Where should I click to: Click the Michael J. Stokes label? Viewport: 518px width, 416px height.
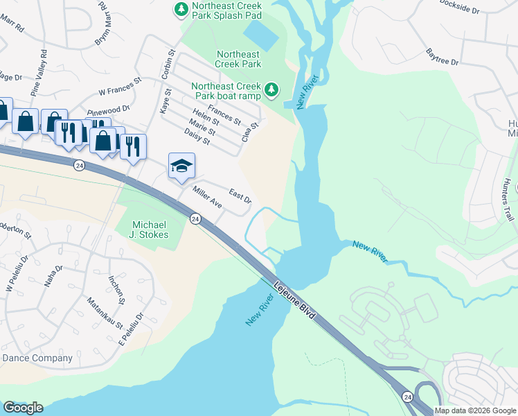pos(150,229)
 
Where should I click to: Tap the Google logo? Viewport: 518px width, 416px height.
pos(22,408)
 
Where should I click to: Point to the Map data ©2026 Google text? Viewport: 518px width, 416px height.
pos(475,410)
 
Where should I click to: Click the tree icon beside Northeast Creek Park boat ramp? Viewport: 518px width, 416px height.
pos(272,89)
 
